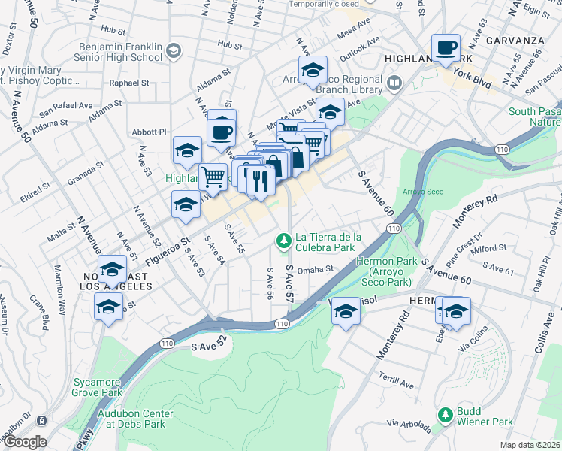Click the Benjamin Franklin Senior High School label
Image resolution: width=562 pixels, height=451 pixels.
coord(120,52)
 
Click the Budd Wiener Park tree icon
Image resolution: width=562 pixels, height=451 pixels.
coord(445,414)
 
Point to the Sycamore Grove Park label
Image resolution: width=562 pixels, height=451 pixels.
coord(98,387)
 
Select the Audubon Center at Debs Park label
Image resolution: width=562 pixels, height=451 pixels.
coord(135,419)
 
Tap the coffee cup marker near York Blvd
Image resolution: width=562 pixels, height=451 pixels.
coord(446,48)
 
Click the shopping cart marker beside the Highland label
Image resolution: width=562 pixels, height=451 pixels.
coord(213,177)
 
